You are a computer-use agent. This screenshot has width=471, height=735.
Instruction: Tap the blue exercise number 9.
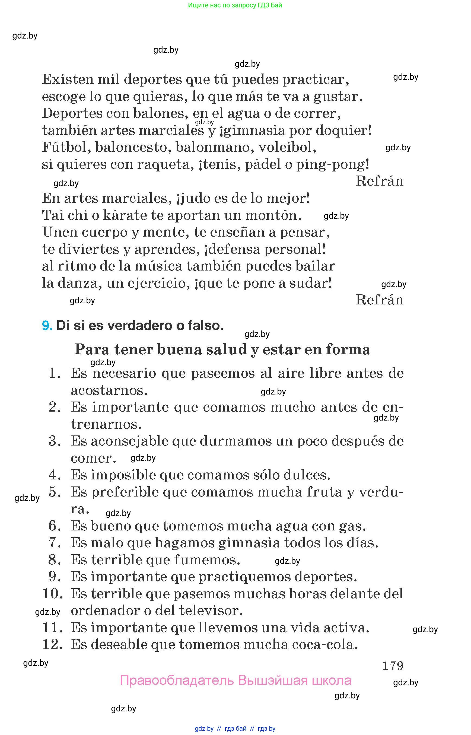pyautogui.click(x=47, y=326)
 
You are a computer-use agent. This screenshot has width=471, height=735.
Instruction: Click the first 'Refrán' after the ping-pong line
pyautogui.click(x=379, y=181)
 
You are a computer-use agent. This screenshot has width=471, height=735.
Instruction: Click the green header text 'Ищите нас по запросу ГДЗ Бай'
pyautogui.click(x=235, y=5)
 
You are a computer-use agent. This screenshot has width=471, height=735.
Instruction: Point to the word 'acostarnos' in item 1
pyautogui.click(x=109, y=390)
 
